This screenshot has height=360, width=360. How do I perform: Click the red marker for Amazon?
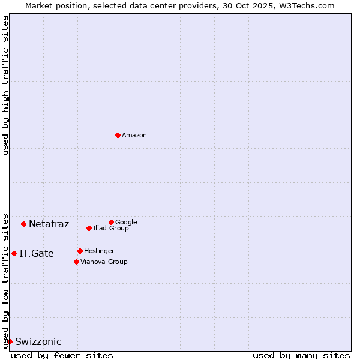pos(118,135)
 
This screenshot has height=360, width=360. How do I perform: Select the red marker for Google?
pos(111,222)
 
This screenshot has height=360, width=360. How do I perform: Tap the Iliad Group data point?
pos(89,228)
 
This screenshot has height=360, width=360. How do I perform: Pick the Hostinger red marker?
pos(80,251)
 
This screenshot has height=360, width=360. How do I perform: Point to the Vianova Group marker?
pos(76,262)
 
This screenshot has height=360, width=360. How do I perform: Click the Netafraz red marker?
pos(23,224)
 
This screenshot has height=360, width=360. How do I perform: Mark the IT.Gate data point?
pos(14,253)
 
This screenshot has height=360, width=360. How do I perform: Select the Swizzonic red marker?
pos(10,341)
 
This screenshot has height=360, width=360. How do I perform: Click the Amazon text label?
pos(134,136)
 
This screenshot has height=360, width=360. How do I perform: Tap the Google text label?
pos(126,222)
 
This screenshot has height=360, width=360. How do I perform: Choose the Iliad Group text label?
pos(111,228)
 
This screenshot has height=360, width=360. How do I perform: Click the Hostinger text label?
pos(99,251)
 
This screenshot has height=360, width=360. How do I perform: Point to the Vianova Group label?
pos(104,262)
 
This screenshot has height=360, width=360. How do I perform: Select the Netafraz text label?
pos(49,224)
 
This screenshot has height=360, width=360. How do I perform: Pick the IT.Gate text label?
pos(37,254)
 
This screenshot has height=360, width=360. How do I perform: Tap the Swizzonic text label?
pos(38,342)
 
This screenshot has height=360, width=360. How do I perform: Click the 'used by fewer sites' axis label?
pos(62,355)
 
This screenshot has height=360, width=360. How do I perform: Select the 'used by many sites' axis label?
pos(301,355)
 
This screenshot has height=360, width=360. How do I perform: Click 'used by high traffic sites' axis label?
pos(6,85)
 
